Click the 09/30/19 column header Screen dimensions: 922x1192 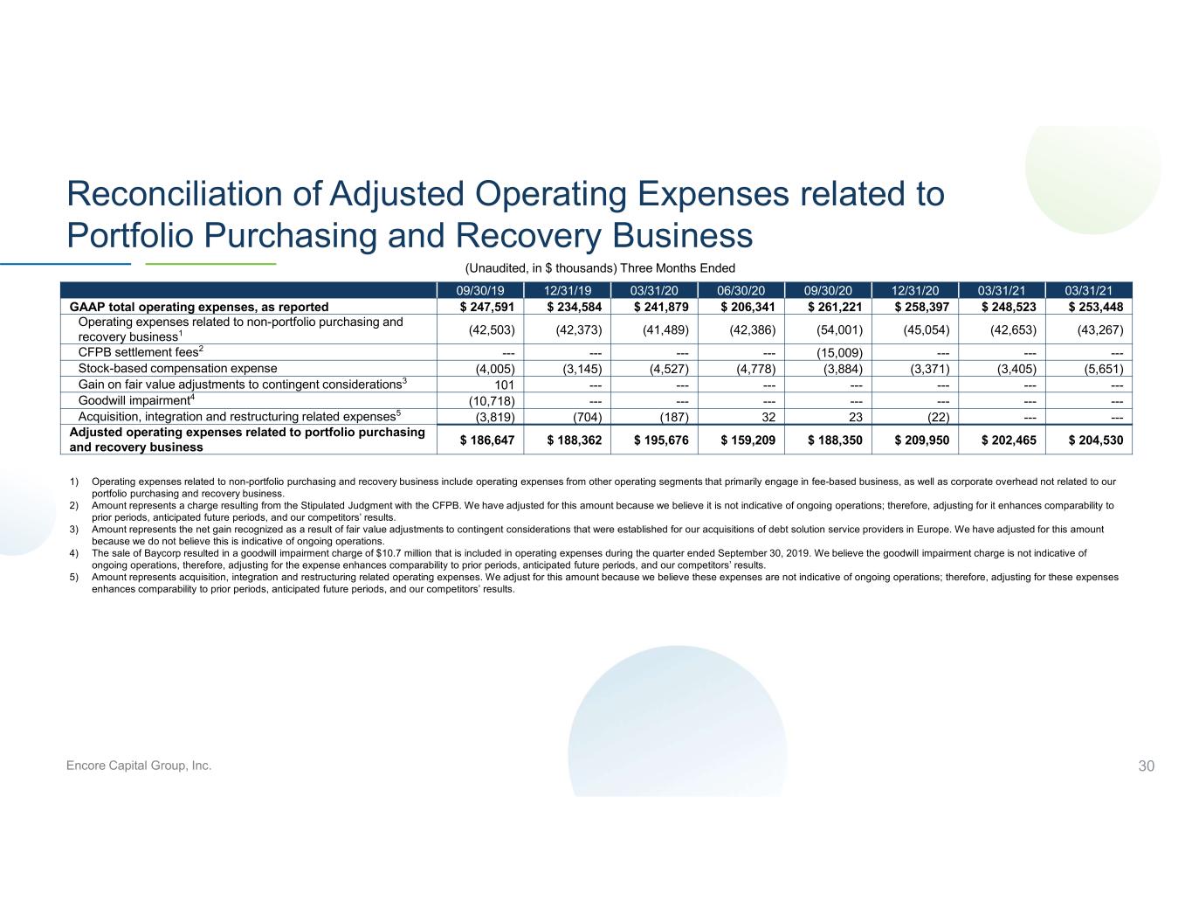(480, 291)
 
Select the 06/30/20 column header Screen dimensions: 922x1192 (741, 291)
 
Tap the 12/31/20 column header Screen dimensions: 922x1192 (914, 291)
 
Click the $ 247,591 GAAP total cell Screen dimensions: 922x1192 (487, 307)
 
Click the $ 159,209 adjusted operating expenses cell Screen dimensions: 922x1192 (748, 440)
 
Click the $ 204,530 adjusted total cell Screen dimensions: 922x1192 (1095, 440)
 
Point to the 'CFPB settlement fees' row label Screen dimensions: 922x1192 (141, 352)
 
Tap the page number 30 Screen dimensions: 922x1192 (1146, 766)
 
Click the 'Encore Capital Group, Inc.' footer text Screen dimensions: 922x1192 (139, 766)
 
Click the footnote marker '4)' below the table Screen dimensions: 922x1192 (73, 553)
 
